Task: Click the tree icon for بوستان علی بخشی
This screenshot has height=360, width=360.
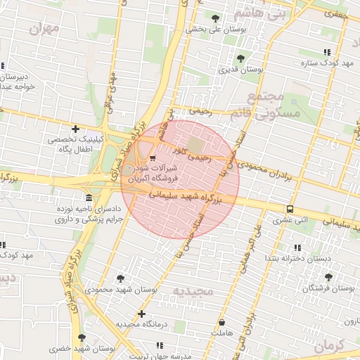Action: [x=214, y=18]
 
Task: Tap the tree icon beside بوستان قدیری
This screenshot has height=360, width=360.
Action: [x=240, y=58]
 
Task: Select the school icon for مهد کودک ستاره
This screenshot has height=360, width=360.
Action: [x=326, y=52]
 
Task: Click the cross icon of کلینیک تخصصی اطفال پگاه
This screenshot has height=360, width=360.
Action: [x=75, y=128]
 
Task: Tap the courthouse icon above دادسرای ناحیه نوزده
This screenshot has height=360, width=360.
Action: [x=88, y=198]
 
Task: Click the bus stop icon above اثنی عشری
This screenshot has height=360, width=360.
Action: [x=290, y=209]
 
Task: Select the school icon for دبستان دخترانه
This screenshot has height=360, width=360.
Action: [x=297, y=247]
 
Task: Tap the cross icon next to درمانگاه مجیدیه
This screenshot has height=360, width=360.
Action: [x=142, y=313]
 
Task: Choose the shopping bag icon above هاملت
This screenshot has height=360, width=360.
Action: [x=221, y=322]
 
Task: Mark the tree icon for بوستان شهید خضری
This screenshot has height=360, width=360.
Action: [x=82, y=337]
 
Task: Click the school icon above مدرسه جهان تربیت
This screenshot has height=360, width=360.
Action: [x=159, y=345]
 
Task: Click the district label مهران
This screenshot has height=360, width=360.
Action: [x=42, y=30]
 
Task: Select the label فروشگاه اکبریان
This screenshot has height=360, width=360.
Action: [x=152, y=179]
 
